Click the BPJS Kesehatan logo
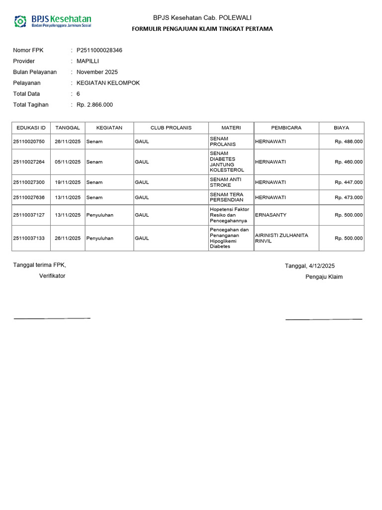[53, 21]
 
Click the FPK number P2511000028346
[99, 50]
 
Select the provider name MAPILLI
[88, 61]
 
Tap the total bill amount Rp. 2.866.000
[95, 105]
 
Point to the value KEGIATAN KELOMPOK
[108, 83]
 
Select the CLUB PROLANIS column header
[171, 128]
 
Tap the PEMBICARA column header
[286, 128]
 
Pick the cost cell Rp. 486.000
[349, 141]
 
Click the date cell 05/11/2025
[68, 162]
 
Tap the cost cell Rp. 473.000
[349, 198]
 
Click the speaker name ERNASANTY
[271, 215]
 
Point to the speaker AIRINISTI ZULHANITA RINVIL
[282, 238]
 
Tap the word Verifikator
[52, 276]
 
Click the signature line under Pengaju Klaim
[324, 319]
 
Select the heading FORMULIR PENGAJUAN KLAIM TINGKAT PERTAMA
[202, 29]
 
